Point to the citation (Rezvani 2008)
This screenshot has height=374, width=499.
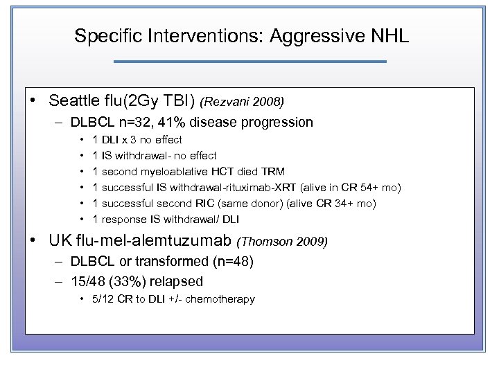pyautogui.click(x=242, y=102)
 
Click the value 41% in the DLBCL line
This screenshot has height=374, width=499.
pyautogui.click(x=177, y=123)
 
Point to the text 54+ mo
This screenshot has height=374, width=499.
pyautogui.click(x=380, y=188)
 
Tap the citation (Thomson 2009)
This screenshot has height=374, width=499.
pyautogui.click(x=281, y=242)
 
